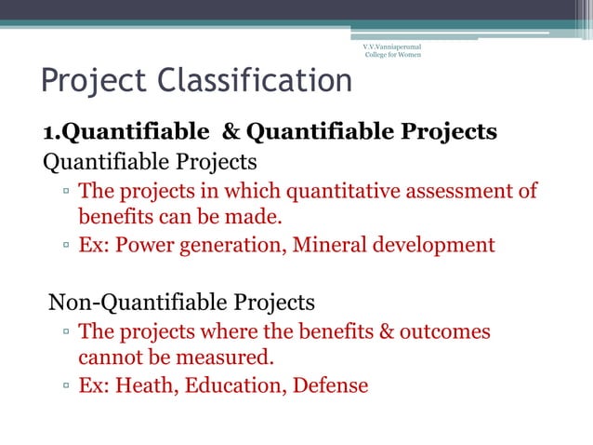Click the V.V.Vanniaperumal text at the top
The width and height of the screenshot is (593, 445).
pyautogui.click(x=391, y=44)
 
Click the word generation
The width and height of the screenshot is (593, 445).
pyautogui.click(x=242, y=246)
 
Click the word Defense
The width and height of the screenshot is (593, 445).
pyautogui.click(x=331, y=384)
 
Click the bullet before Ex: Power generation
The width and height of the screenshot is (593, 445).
pyautogui.click(x=68, y=247)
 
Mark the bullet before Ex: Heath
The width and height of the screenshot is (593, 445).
pyautogui.click(x=68, y=385)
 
